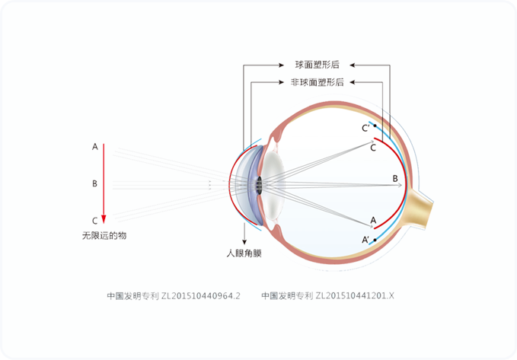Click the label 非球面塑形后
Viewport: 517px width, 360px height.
coord(317,81)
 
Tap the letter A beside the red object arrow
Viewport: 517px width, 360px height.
coord(94,146)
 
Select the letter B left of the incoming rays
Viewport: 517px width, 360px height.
coord(94,183)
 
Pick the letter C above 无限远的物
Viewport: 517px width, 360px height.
coord(94,221)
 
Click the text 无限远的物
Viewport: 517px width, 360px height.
coord(104,236)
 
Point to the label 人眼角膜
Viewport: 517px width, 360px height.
coord(244,253)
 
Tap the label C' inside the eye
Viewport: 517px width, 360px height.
coord(365,129)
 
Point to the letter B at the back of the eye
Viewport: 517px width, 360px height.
coord(394,178)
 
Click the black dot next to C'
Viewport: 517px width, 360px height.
coord(375,126)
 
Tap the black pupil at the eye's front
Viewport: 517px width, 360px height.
coord(259,183)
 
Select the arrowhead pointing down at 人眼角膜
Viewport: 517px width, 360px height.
coord(244,241)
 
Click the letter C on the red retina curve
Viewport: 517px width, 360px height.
coord(373,148)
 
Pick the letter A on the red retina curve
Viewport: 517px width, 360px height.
coord(373,220)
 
